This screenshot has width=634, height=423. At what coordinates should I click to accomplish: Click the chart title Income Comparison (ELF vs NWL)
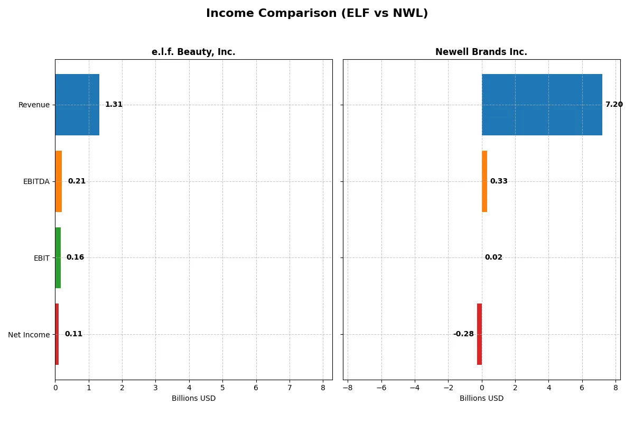317,13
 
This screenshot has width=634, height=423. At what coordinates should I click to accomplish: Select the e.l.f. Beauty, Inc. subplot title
193,52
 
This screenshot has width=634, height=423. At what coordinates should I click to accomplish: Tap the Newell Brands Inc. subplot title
481,52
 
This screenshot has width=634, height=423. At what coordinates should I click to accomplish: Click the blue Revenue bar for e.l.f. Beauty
77,105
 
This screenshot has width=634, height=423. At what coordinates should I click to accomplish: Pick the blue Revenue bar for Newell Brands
542,105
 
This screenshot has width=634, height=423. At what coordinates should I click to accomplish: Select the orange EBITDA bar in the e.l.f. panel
59,181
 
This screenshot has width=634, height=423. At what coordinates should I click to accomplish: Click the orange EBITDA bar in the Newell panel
484,181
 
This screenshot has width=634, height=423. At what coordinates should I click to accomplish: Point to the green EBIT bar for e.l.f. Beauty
58,258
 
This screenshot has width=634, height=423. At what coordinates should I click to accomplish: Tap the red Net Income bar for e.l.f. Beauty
57,334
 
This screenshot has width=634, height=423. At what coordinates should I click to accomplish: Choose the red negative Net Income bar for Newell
479,334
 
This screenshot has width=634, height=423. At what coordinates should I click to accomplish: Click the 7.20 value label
614,105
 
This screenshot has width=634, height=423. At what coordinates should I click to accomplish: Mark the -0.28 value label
463,334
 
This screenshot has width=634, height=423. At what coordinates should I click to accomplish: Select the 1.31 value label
114,105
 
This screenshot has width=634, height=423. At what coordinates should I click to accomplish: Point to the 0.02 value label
493,258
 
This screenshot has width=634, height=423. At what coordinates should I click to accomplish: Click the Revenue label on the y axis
34,105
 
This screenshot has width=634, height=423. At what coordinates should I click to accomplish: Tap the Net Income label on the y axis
29,334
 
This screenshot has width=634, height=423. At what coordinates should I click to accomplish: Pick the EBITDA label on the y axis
36,181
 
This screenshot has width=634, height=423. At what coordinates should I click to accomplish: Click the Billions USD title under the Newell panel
481,398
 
